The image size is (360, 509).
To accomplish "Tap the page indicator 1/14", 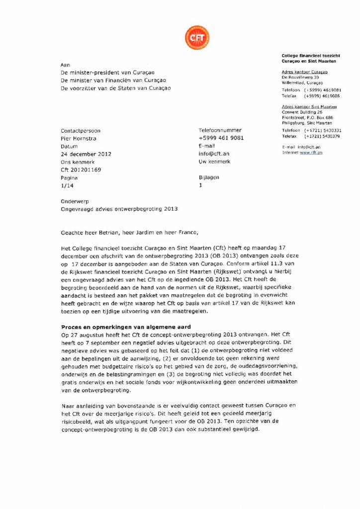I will coord(66,185).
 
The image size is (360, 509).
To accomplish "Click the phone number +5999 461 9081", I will coord(221,138).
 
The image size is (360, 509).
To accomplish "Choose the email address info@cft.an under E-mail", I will coord(214,154).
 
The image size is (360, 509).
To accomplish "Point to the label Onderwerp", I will coord(73,202).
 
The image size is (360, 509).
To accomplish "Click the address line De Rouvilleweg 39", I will coord(300,78).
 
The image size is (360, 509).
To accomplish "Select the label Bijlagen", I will coord(208,177).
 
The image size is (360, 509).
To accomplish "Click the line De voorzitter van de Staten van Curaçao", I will coord(115,88).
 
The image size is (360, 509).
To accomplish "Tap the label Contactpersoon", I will coord(80,131).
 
